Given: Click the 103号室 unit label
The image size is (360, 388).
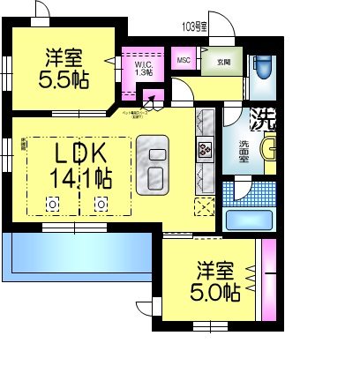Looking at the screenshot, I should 194,26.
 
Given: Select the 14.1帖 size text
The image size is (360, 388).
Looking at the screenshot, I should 80,178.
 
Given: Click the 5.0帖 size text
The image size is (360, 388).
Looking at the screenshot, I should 215,292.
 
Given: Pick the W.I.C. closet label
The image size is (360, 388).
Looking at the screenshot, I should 144,69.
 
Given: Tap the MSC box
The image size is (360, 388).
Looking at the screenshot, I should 184,60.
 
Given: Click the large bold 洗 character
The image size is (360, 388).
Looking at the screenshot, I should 263,116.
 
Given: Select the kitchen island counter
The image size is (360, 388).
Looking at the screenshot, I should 157,165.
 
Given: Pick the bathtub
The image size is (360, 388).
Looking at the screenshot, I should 253,219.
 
